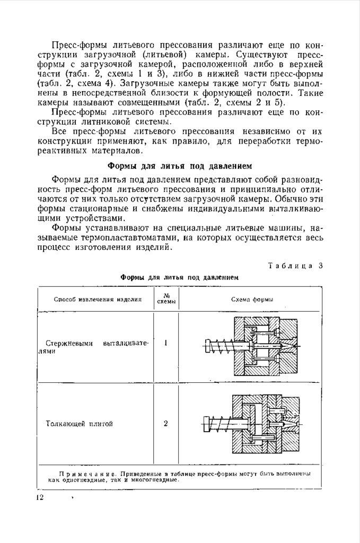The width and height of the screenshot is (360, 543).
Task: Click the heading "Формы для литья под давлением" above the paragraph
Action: (x=180, y=164)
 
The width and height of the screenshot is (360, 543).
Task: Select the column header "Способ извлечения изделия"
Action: (x=98, y=299)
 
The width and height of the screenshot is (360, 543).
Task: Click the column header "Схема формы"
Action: (x=252, y=299)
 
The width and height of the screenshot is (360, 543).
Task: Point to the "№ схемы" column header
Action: (x=165, y=299)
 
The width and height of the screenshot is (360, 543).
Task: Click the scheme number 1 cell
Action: (x=166, y=343)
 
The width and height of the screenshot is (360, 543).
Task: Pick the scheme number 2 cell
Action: (x=166, y=424)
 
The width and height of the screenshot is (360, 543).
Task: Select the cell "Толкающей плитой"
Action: (x=80, y=424)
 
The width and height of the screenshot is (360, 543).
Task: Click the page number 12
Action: (x=40, y=497)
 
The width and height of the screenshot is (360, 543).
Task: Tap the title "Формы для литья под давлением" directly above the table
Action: (x=179, y=277)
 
